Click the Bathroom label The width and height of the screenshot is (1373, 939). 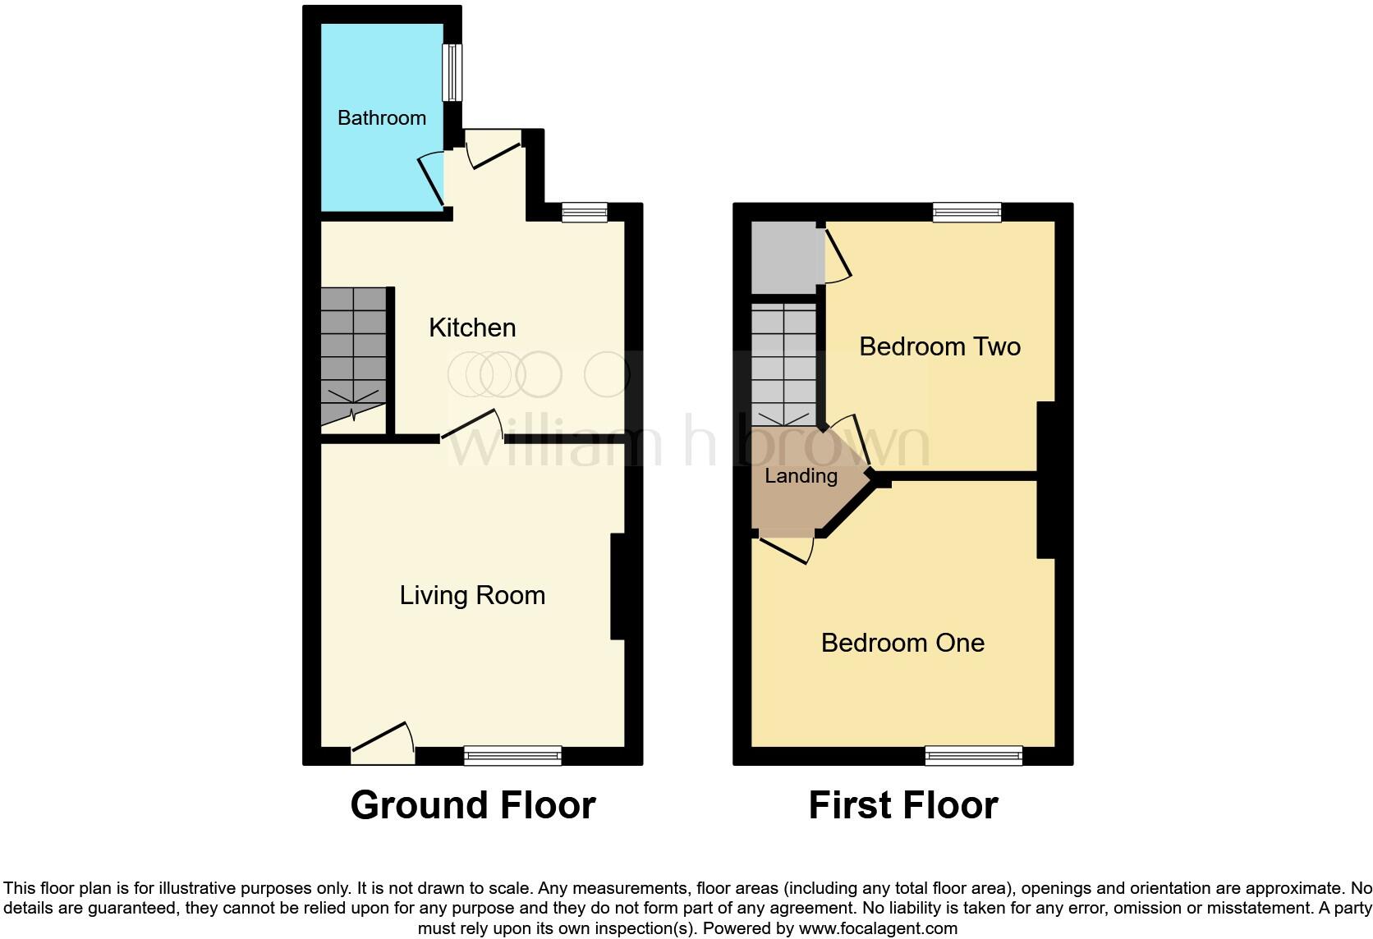[x=382, y=117]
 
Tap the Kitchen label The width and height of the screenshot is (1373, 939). [x=472, y=328]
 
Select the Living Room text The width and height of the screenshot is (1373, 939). [x=472, y=595]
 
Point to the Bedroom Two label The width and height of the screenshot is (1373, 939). [x=939, y=346]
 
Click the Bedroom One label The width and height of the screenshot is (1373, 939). [x=902, y=643]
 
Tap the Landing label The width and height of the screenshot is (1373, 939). [x=801, y=476]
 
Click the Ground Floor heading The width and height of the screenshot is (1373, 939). [x=472, y=805]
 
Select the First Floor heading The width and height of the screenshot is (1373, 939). [x=902, y=805]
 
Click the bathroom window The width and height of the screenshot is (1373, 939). [x=452, y=72]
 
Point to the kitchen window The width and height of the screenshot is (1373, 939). [x=585, y=213]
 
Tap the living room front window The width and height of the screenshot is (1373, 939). [x=512, y=755]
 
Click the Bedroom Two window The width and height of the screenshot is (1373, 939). [x=967, y=213]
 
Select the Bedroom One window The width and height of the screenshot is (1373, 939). [x=973, y=755]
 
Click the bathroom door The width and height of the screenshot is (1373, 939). [x=433, y=177]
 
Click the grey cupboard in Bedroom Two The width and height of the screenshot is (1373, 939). [x=784, y=257]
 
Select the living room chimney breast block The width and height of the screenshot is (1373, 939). [x=618, y=587]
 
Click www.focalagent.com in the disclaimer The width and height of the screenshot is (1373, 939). [x=878, y=928]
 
